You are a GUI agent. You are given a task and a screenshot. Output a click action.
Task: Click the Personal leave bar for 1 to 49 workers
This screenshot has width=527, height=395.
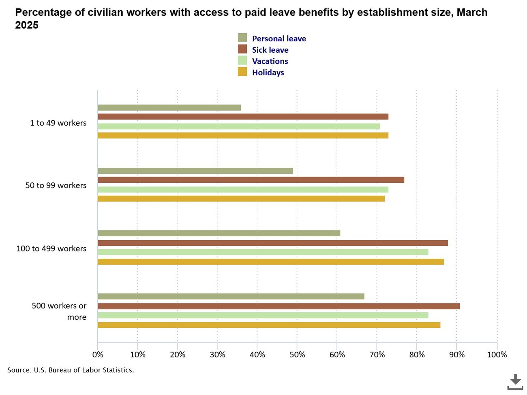point(169,108)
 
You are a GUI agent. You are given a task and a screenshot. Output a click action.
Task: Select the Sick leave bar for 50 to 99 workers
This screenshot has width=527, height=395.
point(251,180)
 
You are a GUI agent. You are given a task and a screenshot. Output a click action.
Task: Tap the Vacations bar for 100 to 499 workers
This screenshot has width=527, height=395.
point(263,252)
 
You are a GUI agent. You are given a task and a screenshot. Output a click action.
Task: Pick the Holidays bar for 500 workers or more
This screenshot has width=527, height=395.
point(269,325)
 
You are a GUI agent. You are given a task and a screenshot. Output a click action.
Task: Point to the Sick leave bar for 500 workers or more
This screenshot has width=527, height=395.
point(278,306)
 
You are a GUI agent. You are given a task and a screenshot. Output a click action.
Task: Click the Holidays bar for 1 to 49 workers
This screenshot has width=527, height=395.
point(243,135)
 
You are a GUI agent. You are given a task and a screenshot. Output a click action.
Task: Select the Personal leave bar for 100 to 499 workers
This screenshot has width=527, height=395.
point(219,233)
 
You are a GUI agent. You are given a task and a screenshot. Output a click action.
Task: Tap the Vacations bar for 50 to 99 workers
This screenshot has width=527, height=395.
point(243,190)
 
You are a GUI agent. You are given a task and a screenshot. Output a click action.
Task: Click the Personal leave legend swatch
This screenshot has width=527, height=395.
point(242,38)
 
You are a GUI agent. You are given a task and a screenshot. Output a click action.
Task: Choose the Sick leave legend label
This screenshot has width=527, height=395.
point(270,50)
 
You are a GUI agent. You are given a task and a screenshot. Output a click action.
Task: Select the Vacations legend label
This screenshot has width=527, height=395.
point(270,61)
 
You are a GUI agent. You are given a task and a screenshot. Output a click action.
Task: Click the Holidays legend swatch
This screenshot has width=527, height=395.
point(242,72)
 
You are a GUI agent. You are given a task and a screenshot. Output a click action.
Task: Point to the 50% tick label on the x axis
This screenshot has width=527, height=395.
point(297,355)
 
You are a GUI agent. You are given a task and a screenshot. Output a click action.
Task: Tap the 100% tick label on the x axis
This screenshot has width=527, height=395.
point(497,355)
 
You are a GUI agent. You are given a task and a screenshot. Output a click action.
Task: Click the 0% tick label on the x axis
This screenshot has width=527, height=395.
point(98,355)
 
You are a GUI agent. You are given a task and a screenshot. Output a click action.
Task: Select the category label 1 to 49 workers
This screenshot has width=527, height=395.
point(58,123)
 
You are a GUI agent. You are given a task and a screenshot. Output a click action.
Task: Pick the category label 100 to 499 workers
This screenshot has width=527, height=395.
point(51,248)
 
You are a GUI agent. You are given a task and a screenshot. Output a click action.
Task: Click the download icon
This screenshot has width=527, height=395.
point(515,382)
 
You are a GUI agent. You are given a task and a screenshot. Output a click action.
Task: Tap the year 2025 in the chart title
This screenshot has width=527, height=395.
point(27,25)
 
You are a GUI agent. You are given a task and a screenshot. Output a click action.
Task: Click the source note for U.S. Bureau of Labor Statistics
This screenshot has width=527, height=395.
point(71,370)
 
